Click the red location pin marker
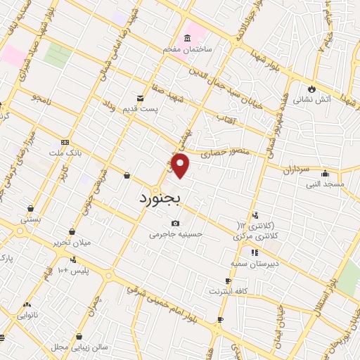pyautogui.click(x=181, y=165)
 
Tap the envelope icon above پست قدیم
pyautogui.click(x=141, y=98)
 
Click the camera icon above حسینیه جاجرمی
pyautogui.click(x=174, y=224)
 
